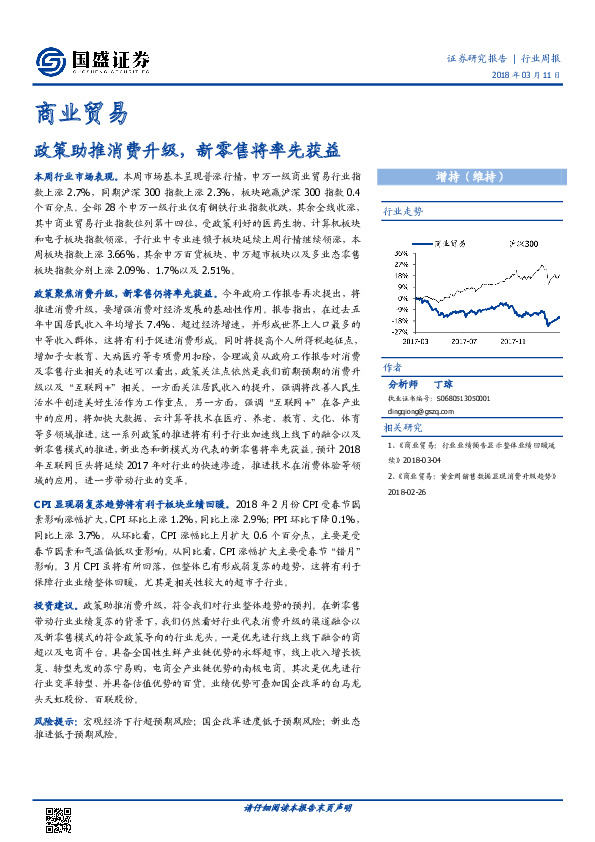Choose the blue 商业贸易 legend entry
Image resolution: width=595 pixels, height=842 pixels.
[446, 243]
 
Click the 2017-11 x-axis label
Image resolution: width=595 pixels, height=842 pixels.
[511, 340]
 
